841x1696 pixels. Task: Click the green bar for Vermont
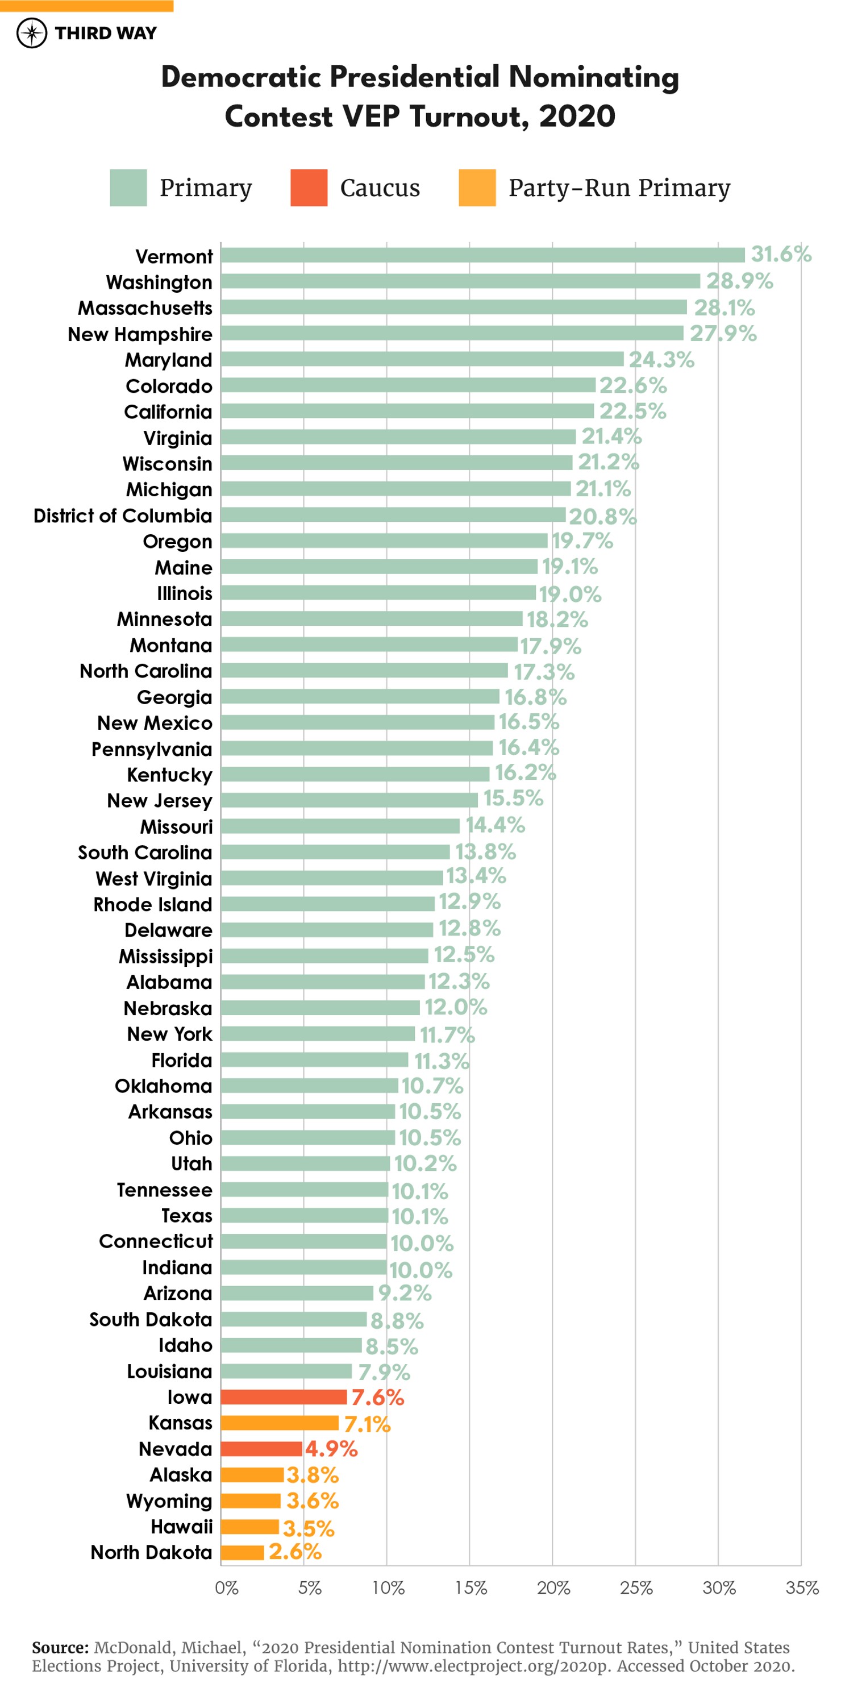click(482, 255)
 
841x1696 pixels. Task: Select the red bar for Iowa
click(284, 1396)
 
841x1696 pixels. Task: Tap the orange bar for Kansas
click(280, 1423)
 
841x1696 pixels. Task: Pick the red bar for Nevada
click(261, 1448)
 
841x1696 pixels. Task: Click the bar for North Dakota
click(242, 1552)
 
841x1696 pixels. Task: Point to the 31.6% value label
click(781, 254)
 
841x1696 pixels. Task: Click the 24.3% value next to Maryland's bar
click(661, 359)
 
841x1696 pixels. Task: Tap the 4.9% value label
click(331, 1448)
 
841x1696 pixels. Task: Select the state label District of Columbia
click(123, 516)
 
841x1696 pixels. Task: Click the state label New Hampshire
click(140, 334)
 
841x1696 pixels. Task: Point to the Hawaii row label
click(182, 1526)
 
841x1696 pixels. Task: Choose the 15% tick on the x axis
click(471, 1588)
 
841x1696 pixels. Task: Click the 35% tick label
click(802, 1588)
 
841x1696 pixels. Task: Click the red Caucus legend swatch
click(309, 188)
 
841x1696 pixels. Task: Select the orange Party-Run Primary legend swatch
click(477, 188)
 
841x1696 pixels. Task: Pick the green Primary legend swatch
click(128, 188)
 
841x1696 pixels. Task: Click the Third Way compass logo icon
click(32, 33)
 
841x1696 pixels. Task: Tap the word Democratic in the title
click(241, 77)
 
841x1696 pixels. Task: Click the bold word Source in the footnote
click(60, 1647)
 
